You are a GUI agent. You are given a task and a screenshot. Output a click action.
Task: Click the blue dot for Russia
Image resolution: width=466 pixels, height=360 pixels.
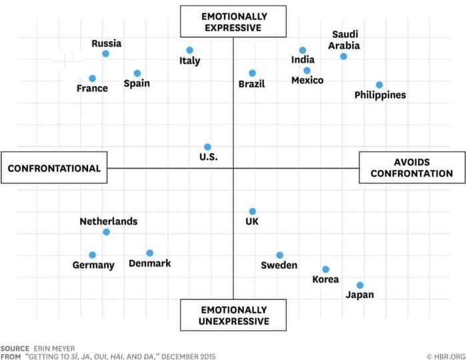click(105, 53)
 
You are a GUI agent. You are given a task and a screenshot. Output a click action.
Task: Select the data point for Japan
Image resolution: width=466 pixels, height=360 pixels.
click(360, 285)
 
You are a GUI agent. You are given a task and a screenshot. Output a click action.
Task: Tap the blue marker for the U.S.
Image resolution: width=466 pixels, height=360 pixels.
click(207, 147)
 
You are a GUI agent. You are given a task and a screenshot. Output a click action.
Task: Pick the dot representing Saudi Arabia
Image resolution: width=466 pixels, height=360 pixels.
click(343, 57)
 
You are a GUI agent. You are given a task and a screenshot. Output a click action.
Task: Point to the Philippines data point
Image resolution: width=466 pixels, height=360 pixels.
click(379, 85)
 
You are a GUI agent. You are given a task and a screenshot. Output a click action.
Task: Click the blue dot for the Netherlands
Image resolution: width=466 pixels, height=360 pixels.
click(106, 232)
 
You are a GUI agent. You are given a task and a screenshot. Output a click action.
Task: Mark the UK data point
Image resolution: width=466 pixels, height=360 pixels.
click(253, 211)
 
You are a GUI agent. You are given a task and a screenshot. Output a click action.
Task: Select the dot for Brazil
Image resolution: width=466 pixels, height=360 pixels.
click(253, 73)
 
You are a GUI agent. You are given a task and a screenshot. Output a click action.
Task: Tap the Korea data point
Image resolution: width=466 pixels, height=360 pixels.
click(325, 269)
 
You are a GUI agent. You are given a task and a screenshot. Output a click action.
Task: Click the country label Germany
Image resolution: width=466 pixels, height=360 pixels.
click(93, 265)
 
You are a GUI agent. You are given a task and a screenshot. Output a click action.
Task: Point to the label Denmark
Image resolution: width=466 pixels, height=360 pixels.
click(149, 263)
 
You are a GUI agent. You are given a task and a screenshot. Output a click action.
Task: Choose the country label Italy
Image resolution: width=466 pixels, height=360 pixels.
click(190, 61)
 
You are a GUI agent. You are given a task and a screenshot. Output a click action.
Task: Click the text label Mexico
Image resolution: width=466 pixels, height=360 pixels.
click(307, 81)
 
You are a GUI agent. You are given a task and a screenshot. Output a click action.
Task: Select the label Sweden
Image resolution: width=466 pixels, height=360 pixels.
click(279, 265)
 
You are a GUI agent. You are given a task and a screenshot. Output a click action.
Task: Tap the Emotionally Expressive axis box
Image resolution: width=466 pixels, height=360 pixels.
click(233, 22)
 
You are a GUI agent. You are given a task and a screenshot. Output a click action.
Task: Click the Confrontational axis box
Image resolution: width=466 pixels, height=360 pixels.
click(54, 169)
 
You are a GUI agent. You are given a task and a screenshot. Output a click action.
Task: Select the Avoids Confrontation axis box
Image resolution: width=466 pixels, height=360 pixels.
click(411, 168)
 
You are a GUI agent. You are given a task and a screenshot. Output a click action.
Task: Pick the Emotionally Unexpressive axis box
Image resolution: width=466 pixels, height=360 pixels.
click(233, 315)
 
